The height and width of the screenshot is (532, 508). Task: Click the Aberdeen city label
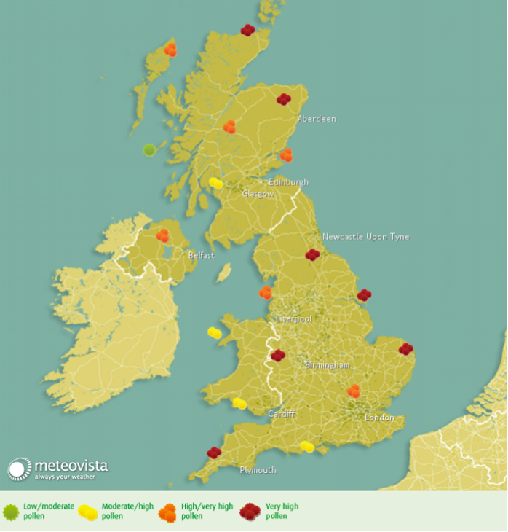(317, 119)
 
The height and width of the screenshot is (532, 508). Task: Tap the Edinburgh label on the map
(289, 182)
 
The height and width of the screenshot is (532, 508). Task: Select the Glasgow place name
(258, 194)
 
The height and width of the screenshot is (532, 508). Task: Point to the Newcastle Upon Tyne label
(366, 237)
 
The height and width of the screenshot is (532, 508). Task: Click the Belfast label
(201, 256)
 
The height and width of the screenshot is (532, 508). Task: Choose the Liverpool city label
(294, 319)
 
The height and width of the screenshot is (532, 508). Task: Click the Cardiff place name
(281, 414)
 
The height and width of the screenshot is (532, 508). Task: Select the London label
(379, 418)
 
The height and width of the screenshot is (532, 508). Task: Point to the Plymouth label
(258, 470)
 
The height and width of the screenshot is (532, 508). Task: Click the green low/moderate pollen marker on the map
(149, 150)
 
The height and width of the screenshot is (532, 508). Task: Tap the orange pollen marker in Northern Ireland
(162, 235)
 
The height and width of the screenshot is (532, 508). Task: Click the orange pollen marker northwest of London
(353, 391)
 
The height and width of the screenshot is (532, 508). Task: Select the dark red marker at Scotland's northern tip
(247, 30)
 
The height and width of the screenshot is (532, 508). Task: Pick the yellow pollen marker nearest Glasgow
(215, 183)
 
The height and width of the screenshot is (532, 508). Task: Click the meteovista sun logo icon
(20, 469)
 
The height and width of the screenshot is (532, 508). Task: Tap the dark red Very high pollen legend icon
(250, 512)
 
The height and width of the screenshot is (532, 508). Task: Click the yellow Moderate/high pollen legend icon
(88, 512)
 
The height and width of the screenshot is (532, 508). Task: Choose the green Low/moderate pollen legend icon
(11, 512)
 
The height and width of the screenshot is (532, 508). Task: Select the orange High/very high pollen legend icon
(167, 512)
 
